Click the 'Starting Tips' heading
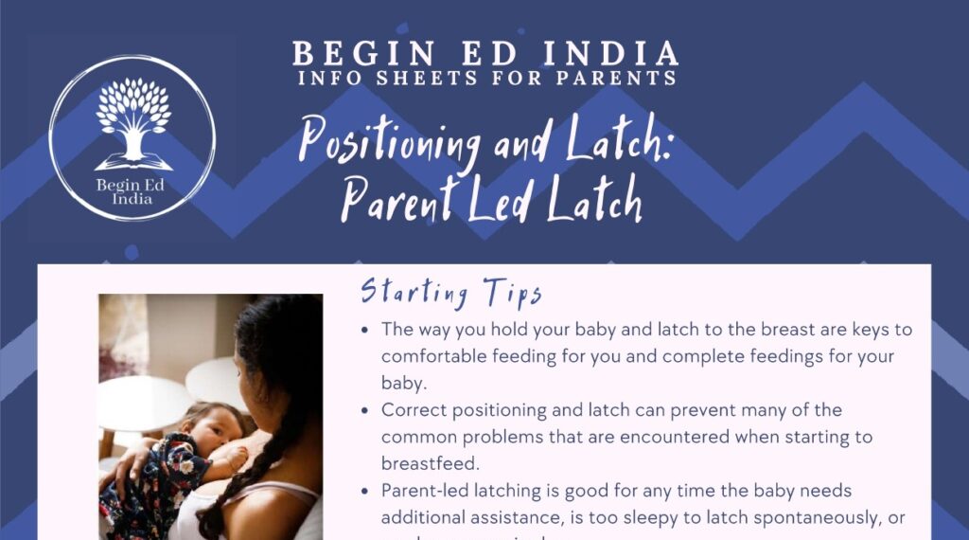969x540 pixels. tap(451, 291)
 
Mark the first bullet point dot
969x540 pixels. tap(366, 331)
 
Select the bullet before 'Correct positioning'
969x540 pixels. tap(366, 411)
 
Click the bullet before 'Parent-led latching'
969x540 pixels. tap(366, 492)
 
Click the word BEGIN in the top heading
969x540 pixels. tap(342, 53)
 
